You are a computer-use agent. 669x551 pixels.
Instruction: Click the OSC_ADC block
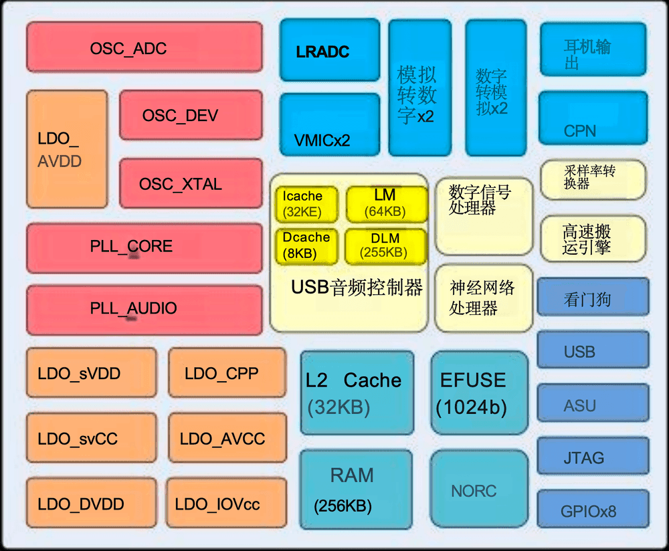coord(144,47)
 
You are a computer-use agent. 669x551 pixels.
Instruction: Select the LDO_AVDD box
coord(67,149)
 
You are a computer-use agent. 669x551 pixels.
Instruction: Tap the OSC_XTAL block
coord(191,183)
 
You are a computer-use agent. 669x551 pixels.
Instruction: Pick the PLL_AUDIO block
coord(144,310)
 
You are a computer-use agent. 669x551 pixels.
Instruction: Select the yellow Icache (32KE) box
coord(305,204)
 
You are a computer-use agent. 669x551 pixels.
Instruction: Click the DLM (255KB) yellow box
coord(385,245)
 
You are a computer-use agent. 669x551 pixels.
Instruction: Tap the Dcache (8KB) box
coord(305,245)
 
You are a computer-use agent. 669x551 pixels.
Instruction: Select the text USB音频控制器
coord(357,288)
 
